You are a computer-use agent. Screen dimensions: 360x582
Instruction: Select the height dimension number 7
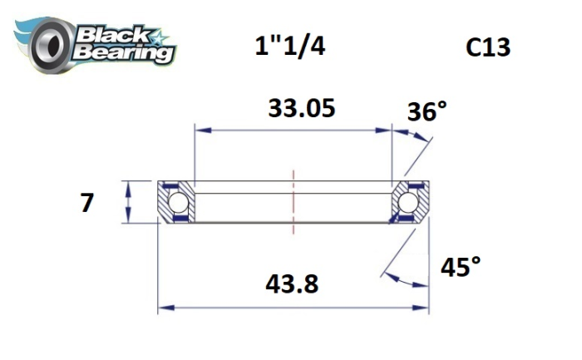click(87, 202)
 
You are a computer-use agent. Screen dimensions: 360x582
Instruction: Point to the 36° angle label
click(427, 111)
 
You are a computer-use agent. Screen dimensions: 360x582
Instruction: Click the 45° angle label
click(460, 267)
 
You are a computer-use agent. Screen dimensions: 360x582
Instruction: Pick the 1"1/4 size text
click(289, 46)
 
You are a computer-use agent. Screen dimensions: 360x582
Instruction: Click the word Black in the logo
click(110, 36)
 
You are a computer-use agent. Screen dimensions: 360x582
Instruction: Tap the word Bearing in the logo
click(126, 53)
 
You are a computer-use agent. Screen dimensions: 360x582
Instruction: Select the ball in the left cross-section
click(177, 203)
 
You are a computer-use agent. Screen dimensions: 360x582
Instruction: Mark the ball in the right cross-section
click(407, 203)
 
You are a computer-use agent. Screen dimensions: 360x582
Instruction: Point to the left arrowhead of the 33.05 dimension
click(200, 131)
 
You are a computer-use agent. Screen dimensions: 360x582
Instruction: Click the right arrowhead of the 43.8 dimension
click(423, 308)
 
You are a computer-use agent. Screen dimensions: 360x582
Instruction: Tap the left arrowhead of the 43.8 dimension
click(164, 308)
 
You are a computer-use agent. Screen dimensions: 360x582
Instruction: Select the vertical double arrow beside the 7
click(126, 202)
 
